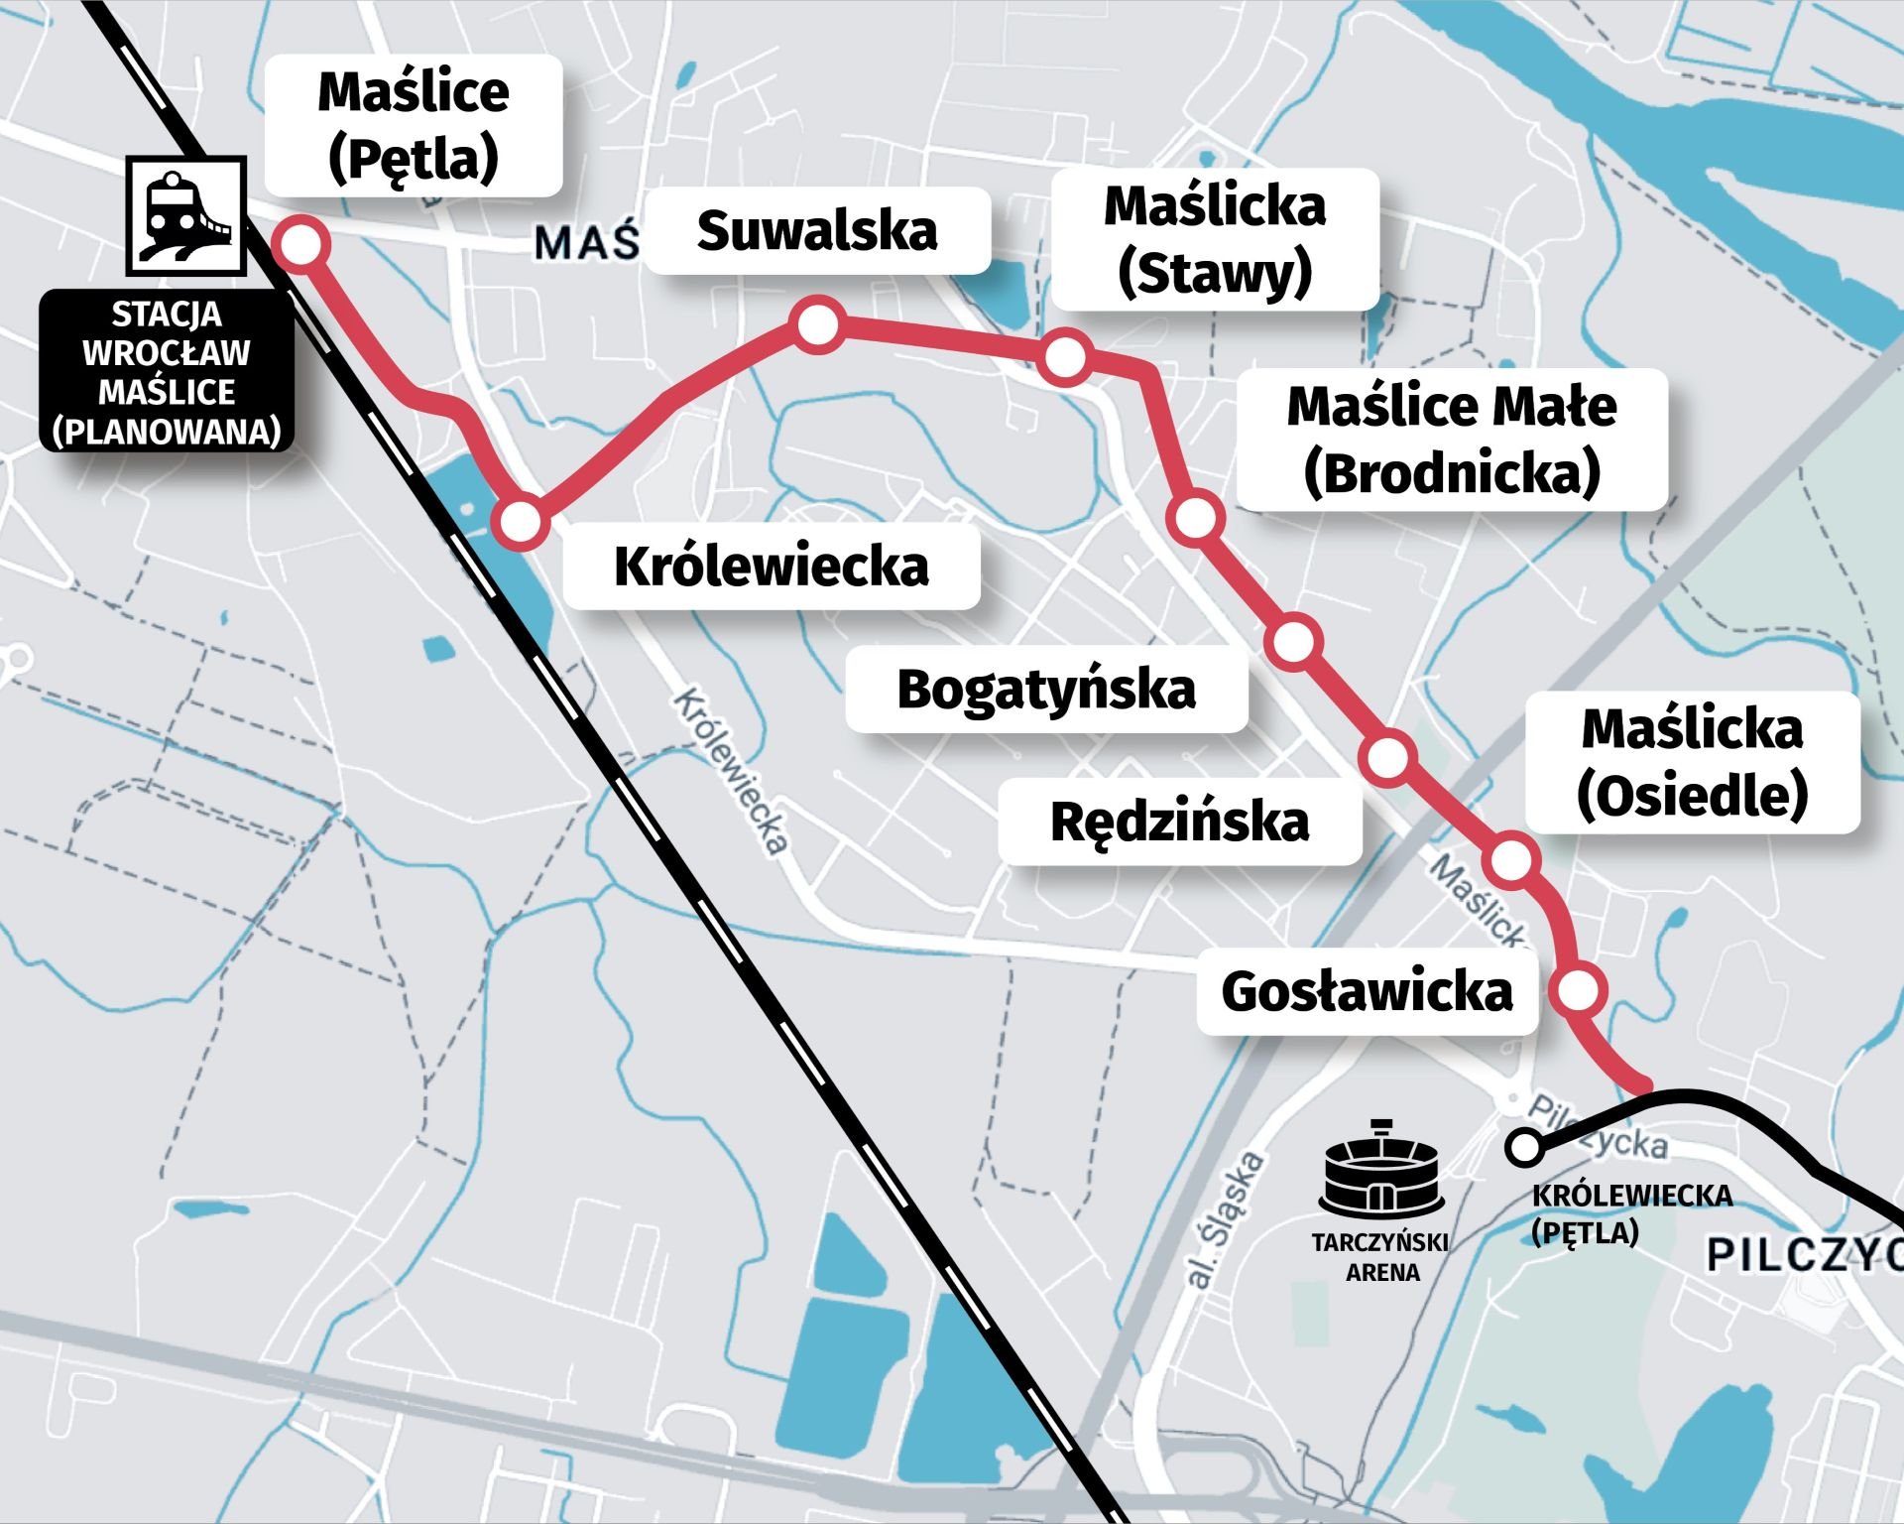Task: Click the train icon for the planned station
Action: (x=185, y=215)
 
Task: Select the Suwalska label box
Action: (x=817, y=230)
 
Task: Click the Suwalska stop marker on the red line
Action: (x=819, y=325)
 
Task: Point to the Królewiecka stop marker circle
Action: (x=522, y=521)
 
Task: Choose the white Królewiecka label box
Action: (x=772, y=567)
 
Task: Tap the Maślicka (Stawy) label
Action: (x=1215, y=239)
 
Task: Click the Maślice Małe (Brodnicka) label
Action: (x=1452, y=440)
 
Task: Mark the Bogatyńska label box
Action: (x=1046, y=690)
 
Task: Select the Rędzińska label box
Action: (x=1179, y=822)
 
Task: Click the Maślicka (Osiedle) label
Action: (x=1692, y=762)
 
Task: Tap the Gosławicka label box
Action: (x=1367, y=991)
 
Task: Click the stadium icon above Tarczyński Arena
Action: (x=1381, y=1170)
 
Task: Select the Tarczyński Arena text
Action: (x=1381, y=1256)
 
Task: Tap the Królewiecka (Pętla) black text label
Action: (x=1631, y=1212)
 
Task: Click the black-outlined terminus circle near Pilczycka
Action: (x=1523, y=1148)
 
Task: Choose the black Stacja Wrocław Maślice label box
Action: (x=167, y=372)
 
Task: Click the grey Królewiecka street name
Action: (x=732, y=772)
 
